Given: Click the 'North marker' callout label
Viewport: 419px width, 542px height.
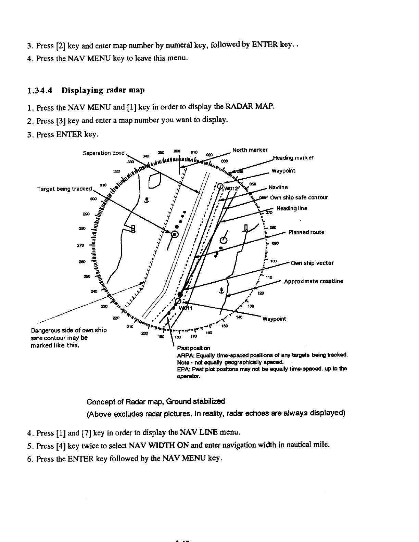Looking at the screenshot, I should pos(250,150).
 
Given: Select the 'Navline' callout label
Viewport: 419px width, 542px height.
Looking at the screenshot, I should pos(278,188).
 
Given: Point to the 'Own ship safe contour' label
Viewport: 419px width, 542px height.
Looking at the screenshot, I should pos(299,197).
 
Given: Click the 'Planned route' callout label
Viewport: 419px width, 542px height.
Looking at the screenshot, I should pos(306,232).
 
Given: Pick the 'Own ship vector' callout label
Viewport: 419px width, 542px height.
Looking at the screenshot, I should pos(312,263).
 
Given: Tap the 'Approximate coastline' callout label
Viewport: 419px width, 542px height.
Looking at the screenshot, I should pos(314,281).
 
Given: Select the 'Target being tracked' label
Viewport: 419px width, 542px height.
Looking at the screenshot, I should pos(64,189).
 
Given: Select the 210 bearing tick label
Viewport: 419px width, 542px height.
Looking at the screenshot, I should pos(130,327).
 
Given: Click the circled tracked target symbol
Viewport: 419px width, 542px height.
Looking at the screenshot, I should pos(175,234).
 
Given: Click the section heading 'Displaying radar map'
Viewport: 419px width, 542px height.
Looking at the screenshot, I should pos(103,90).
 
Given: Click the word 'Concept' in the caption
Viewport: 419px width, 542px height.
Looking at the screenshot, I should pos(99,401).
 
